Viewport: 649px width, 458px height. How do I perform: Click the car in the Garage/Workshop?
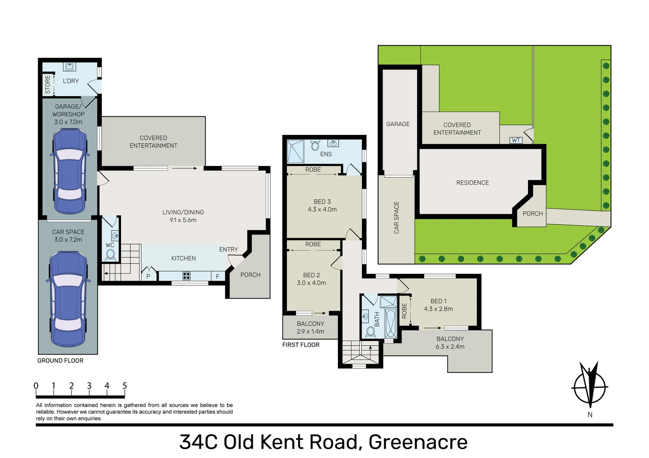(x=70, y=171)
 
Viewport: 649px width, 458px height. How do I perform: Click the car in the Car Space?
(x=68, y=299)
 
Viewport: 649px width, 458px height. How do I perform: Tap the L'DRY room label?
(x=71, y=81)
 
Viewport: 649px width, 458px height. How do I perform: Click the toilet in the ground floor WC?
(x=110, y=255)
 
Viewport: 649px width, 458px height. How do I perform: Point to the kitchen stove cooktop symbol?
(x=186, y=276)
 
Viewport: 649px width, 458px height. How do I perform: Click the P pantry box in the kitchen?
(x=149, y=276)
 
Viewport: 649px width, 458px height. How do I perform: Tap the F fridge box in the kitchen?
(x=218, y=276)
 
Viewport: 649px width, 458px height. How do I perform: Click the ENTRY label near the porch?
(x=229, y=249)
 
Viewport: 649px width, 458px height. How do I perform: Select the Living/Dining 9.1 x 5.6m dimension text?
(x=183, y=220)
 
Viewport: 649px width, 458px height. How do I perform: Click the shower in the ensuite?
(x=295, y=151)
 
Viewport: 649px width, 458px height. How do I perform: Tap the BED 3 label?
(x=322, y=202)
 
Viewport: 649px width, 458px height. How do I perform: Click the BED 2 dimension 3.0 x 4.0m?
(x=312, y=283)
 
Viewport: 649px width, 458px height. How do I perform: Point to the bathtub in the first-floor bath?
(x=391, y=324)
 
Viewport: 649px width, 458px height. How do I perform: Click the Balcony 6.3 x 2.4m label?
(x=450, y=343)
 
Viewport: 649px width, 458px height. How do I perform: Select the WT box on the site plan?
(x=516, y=140)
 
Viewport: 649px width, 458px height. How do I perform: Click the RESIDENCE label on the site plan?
(x=472, y=183)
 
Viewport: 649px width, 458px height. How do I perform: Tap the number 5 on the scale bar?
(x=125, y=385)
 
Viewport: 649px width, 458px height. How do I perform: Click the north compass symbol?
(x=589, y=387)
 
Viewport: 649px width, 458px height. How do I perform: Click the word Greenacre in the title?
(x=418, y=442)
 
